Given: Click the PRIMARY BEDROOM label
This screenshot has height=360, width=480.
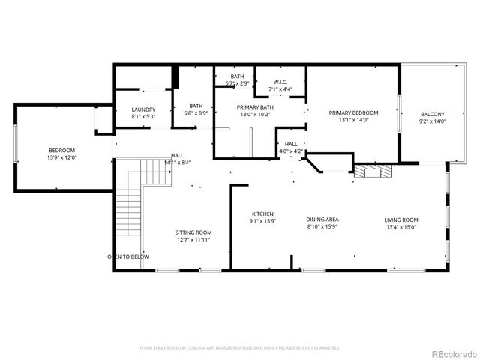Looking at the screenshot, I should click(x=353, y=112).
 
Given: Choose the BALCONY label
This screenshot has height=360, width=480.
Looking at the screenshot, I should click(x=432, y=114).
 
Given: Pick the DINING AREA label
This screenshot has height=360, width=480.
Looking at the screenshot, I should click(x=322, y=220).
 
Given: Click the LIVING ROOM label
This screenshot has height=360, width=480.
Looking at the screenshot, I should click(x=402, y=220).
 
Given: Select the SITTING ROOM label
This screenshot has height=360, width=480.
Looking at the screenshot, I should click(x=193, y=232).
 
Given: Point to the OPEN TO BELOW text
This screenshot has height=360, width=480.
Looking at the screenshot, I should click(x=127, y=256).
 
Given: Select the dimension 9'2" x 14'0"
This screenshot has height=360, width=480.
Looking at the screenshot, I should click(x=432, y=121).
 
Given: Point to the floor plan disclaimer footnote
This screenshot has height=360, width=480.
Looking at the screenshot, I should click(x=240, y=347).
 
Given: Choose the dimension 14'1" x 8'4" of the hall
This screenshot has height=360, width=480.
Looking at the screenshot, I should click(x=177, y=163).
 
